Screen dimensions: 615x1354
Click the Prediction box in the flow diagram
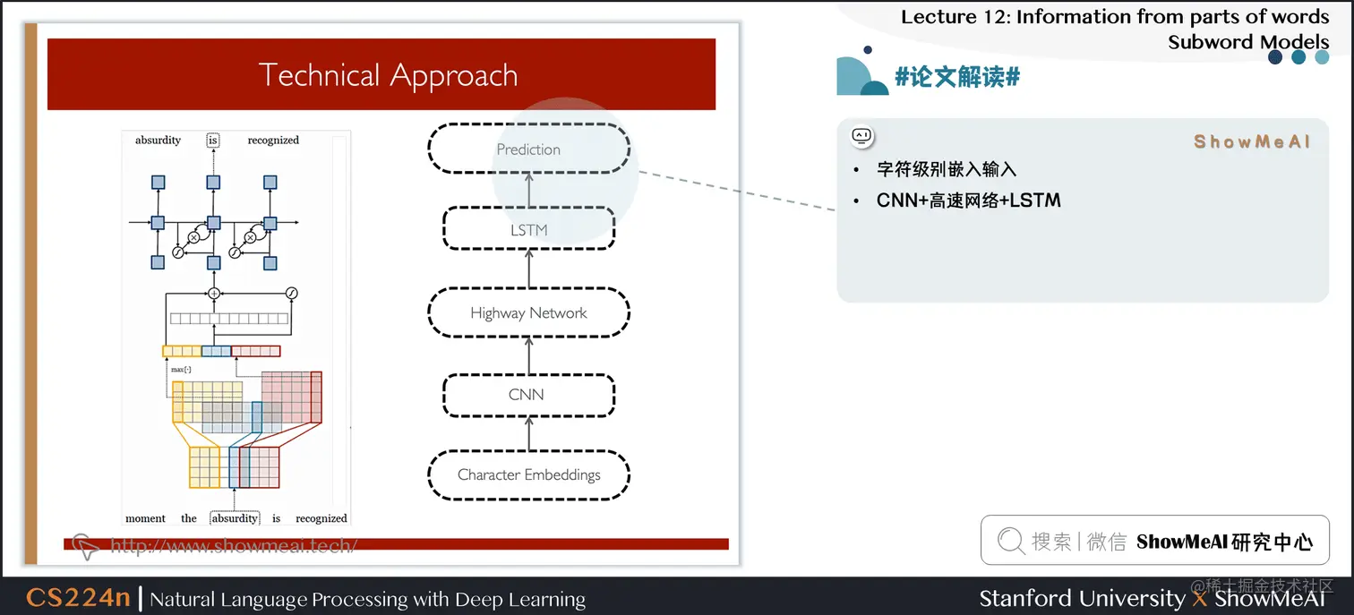528,149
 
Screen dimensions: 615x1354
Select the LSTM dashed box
528,230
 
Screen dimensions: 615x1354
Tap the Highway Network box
528,312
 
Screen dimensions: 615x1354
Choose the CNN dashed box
528,394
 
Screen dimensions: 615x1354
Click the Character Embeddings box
528,474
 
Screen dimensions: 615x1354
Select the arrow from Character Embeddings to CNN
528,435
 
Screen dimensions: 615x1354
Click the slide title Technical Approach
388,75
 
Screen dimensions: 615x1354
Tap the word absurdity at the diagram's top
158,141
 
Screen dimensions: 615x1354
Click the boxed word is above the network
213,141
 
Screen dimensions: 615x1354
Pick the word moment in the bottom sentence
145,518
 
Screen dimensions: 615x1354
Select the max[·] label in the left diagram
181,369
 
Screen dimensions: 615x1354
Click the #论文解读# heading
957,77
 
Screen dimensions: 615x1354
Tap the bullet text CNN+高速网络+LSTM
968,201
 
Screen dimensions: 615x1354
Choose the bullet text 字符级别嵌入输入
946,169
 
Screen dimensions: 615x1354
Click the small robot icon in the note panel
861,136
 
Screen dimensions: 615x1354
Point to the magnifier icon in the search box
1010,541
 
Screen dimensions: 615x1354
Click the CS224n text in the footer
78,598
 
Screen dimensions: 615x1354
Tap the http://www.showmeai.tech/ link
233,545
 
